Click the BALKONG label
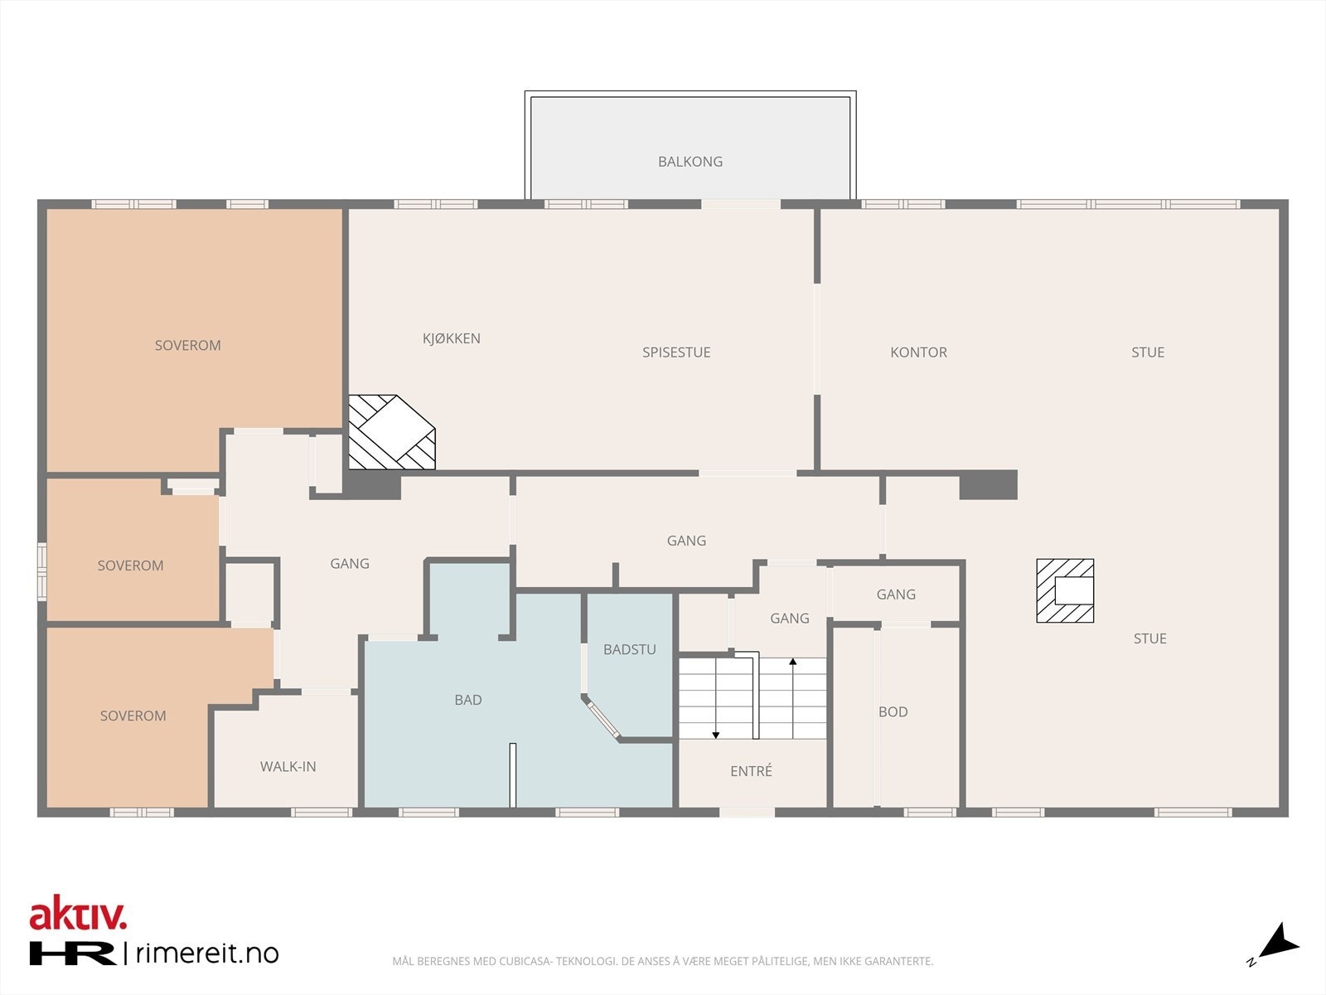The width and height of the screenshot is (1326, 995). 690,162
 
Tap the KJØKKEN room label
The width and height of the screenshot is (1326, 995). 452,338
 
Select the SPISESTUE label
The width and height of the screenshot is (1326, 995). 676,352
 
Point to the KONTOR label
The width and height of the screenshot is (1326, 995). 918,352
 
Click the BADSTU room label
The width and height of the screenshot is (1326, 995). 630,649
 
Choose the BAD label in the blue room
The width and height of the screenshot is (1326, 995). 468,700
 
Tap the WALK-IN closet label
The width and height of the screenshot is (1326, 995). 288,767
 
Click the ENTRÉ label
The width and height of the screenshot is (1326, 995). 751,771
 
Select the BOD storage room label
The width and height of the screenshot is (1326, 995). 893,711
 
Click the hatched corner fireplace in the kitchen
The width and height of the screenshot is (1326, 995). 391,432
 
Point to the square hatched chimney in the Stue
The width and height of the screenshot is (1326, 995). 1065,591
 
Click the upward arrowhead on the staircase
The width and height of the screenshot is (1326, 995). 792,663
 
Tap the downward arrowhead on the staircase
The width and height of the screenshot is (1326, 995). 716,735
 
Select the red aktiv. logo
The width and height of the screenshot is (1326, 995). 78,913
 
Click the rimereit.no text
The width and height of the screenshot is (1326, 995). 207,954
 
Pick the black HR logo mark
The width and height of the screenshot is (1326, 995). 72,954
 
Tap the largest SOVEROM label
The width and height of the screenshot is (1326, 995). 188,346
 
